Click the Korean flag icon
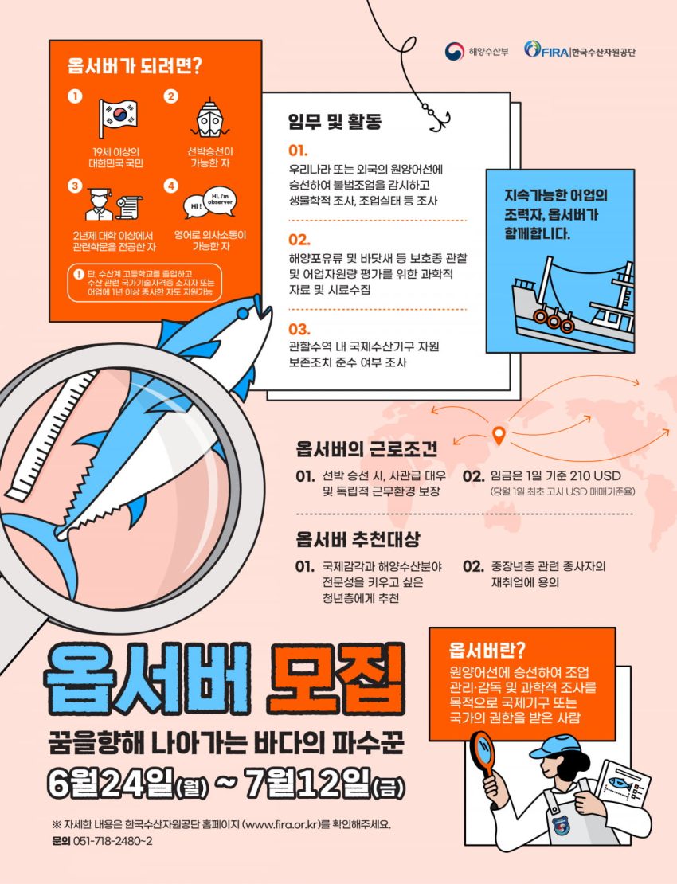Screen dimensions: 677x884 117,117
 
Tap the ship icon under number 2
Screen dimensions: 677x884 209,119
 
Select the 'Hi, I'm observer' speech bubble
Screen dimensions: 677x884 219,200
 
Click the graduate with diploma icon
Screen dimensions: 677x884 113,204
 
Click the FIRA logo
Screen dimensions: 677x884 546,51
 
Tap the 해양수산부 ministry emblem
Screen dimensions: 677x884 454,52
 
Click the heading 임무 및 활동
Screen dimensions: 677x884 335,121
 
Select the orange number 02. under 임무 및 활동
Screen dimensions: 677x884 299,240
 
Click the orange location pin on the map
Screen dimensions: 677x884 499,434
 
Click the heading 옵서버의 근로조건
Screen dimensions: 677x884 366,449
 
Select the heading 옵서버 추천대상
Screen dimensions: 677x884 358,539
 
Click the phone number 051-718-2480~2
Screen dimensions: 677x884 113,841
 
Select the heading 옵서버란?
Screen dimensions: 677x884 487,650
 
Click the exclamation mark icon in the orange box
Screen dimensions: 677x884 79,275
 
